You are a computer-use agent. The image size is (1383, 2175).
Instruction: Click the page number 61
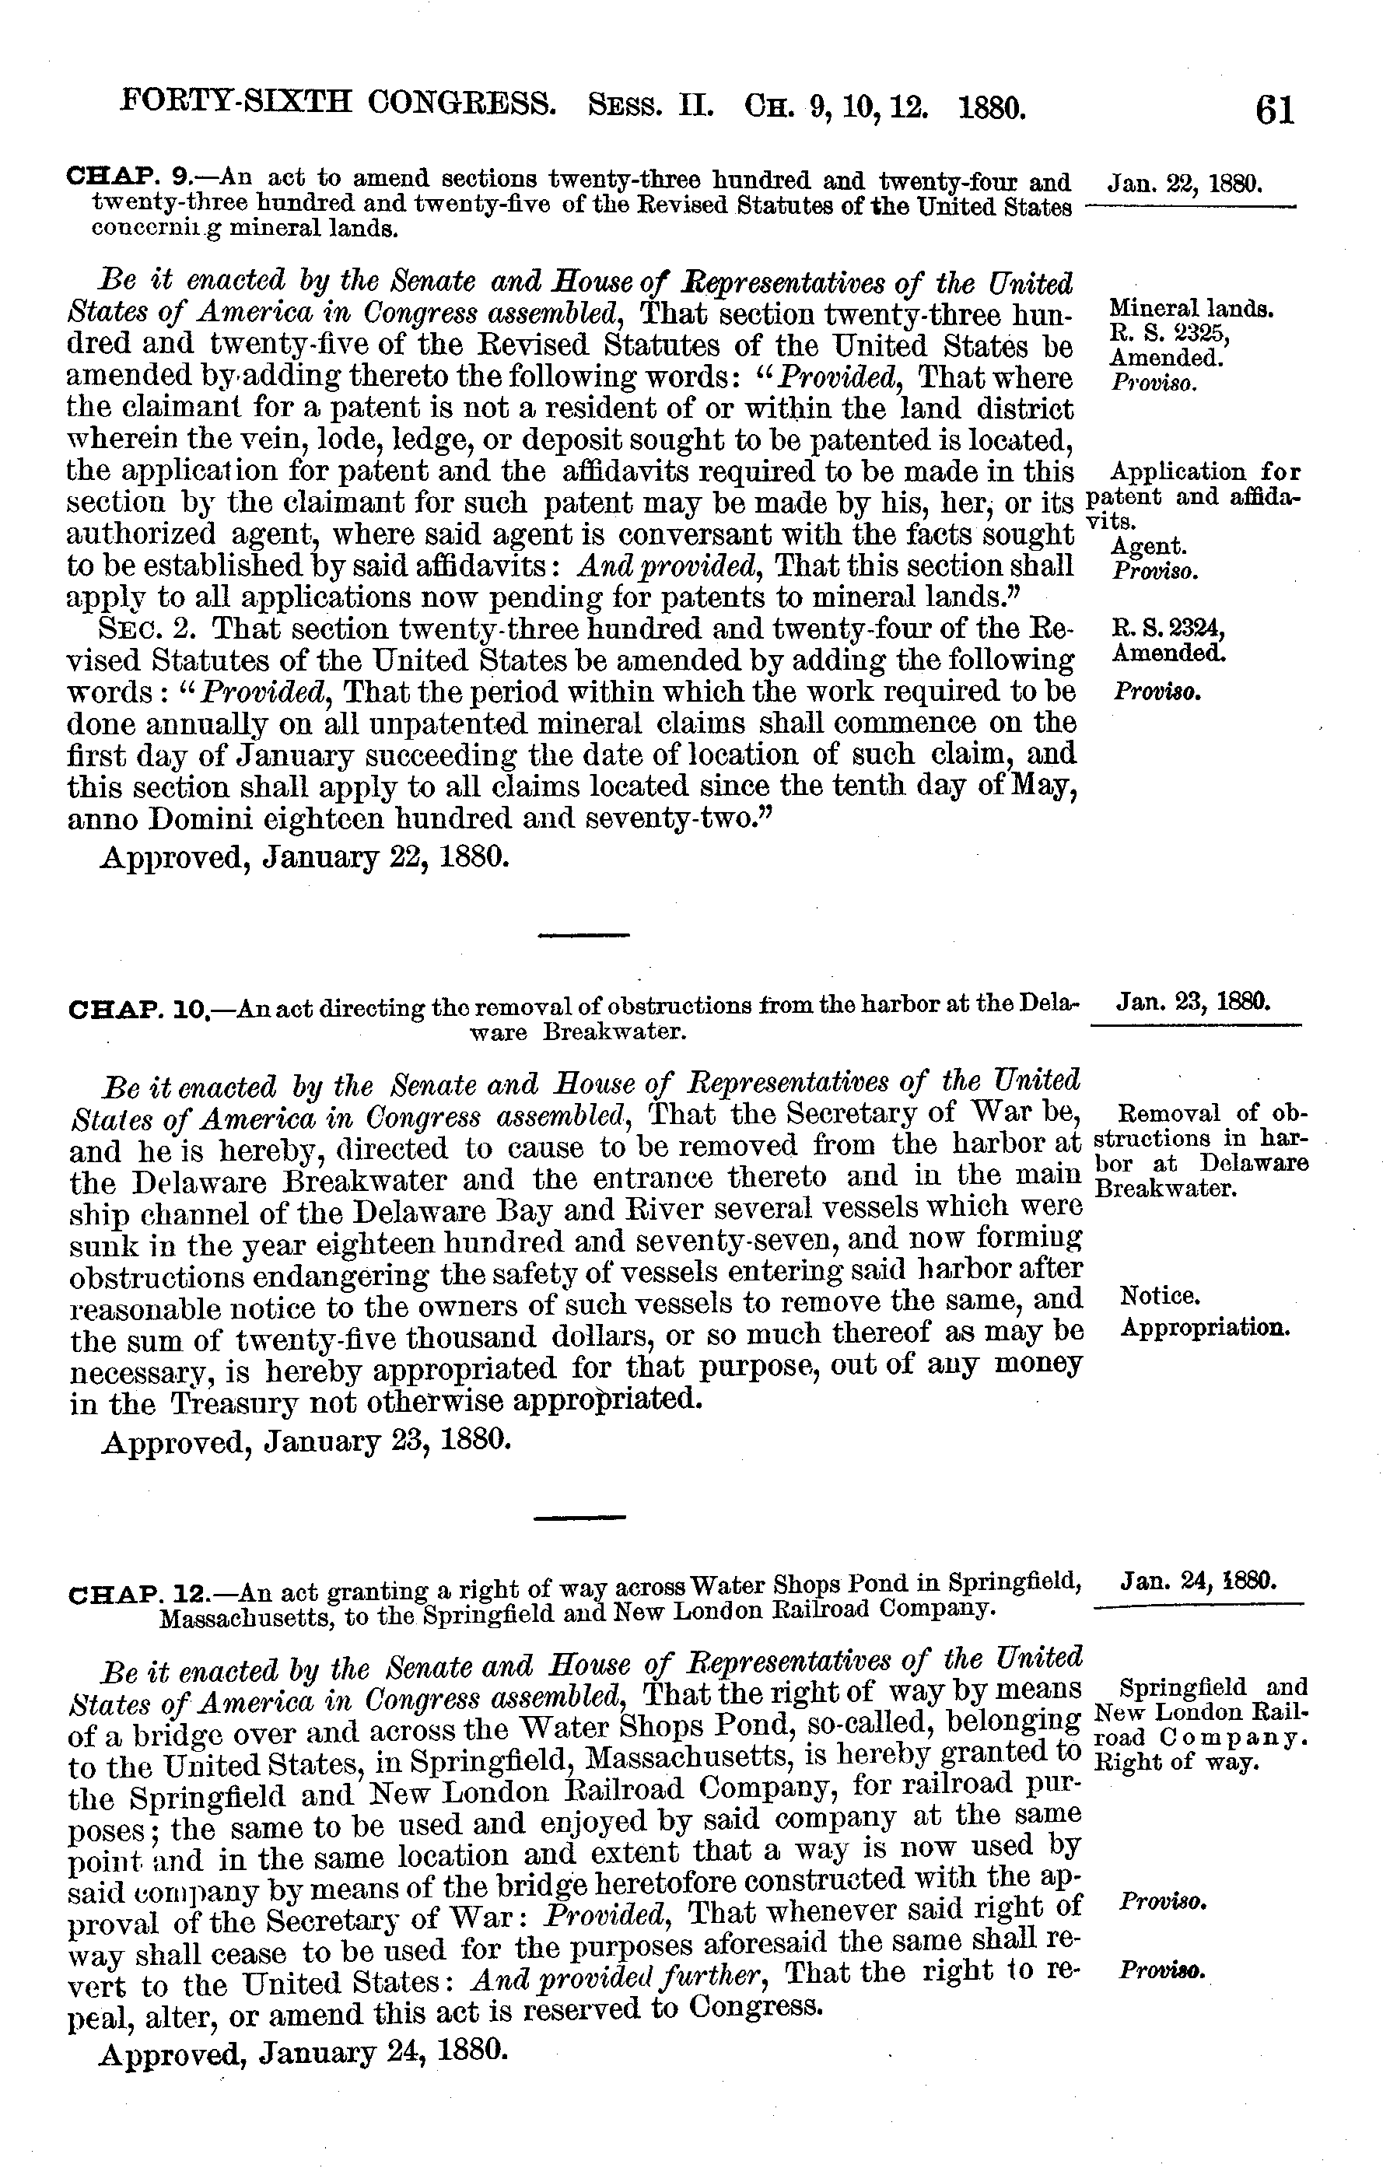click(x=1273, y=110)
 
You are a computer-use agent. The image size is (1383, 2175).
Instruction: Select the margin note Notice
click(x=1160, y=1297)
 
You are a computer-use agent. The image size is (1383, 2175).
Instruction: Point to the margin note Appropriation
click(x=1204, y=1329)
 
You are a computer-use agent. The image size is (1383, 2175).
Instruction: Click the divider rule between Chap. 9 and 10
click(x=583, y=934)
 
